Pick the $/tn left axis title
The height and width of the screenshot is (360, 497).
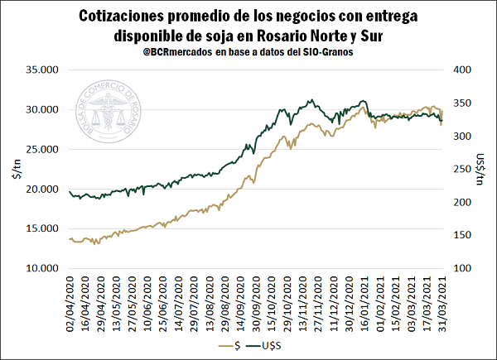tap(14, 169)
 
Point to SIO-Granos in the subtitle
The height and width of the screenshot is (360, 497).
tap(326, 52)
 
